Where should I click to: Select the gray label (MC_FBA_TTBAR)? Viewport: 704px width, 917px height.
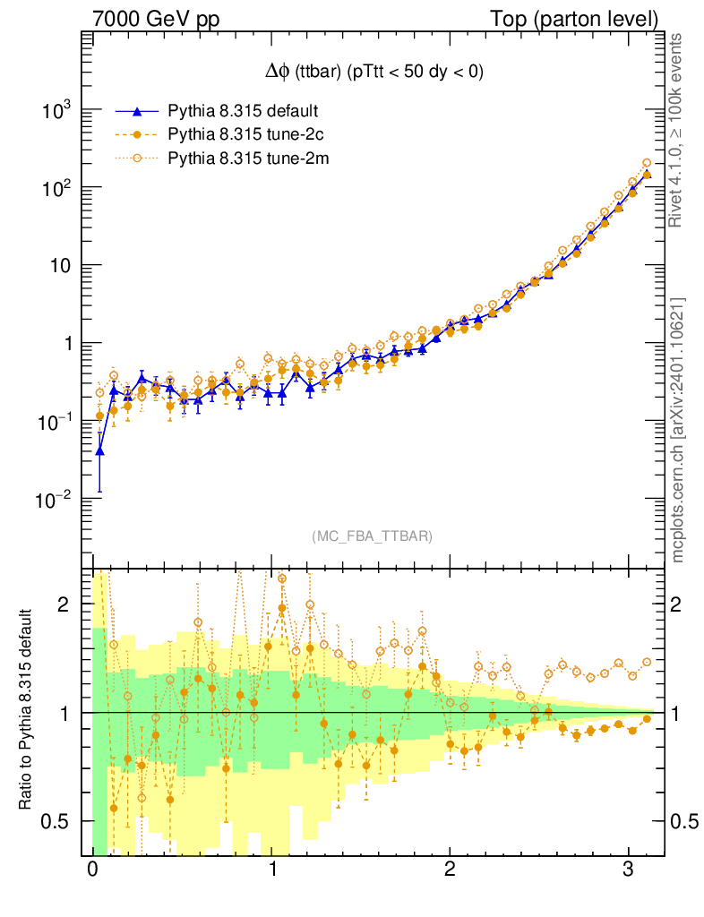point(373,536)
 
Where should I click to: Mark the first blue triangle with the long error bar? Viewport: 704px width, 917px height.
point(99,450)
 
